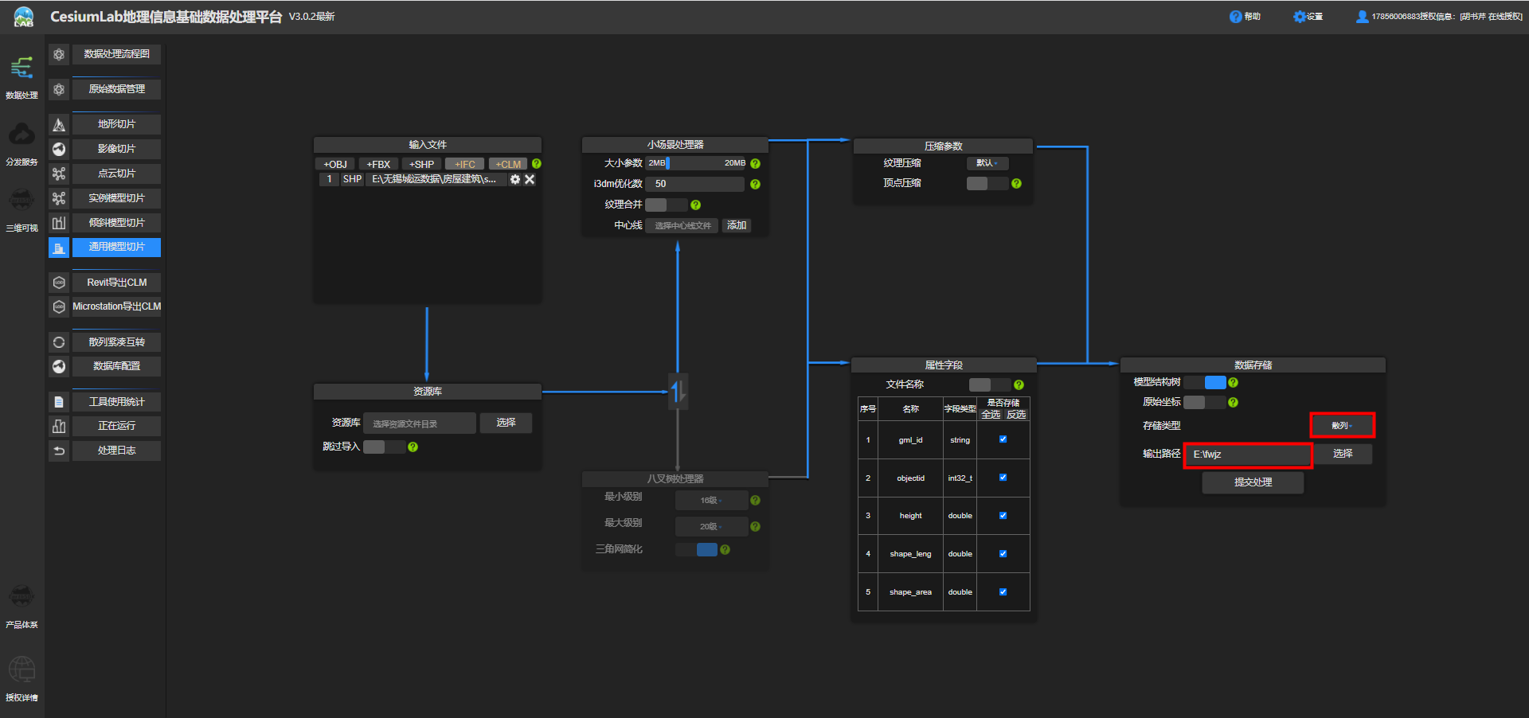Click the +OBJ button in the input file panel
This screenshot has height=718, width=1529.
(x=335, y=164)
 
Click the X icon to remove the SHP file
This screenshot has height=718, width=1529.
(x=530, y=179)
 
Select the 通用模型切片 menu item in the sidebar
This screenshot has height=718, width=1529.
(x=116, y=247)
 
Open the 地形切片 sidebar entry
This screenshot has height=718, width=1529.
(x=116, y=124)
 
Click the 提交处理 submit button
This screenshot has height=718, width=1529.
(x=1253, y=482)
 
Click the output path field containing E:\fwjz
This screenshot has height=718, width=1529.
(x=1247, y=455)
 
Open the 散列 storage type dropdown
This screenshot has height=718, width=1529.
(x=1342, y=426)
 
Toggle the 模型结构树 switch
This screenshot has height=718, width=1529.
(x=1205, y=382)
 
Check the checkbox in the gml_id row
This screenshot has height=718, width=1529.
(x=1003, y=439)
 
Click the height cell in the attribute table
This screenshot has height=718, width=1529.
(x=910, y=516)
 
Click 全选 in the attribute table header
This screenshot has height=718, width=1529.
(x=991, y=415)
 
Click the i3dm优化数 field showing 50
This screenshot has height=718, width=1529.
(x=695, y=184)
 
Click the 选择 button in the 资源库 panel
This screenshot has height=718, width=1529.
(x=506, y=423)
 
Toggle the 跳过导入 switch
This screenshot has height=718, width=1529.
(x=384, y=447)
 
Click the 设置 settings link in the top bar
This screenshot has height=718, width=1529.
(x=1308, y=17)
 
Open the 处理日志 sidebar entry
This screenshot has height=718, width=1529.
(x=116, y=451)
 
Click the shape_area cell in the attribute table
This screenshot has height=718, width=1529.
(x=910, y=592)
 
